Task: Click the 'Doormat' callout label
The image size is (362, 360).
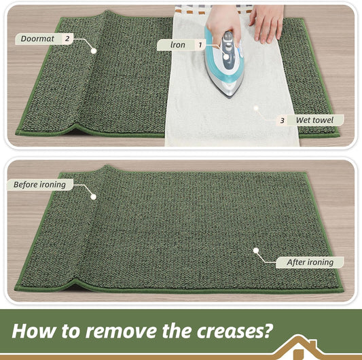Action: (37, 39)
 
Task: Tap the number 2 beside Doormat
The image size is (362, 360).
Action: (67, 38)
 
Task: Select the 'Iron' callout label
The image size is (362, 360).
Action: (178, 45)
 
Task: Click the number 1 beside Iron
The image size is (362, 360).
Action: (200, 45)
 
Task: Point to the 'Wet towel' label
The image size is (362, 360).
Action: (314, 120)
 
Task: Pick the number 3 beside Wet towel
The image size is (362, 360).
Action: (282, 120)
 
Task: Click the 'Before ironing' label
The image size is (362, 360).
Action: (39, 185)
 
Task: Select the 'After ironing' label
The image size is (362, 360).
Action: (310, 262)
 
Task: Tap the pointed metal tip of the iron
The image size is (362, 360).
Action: (229, 96)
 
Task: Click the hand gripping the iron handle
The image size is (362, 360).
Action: (223, 25)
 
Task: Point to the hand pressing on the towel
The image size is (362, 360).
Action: (267, 22)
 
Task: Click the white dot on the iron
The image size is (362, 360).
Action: (226, 56)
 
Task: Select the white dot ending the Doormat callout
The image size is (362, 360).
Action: (94, 51)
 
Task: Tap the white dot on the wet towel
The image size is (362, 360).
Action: (256, 108)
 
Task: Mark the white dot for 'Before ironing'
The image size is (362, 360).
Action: (94, 197)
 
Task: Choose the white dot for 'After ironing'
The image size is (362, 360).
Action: (256, 251)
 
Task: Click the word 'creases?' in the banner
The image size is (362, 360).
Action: (235, 331)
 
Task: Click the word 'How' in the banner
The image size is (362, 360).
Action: (34, 331)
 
